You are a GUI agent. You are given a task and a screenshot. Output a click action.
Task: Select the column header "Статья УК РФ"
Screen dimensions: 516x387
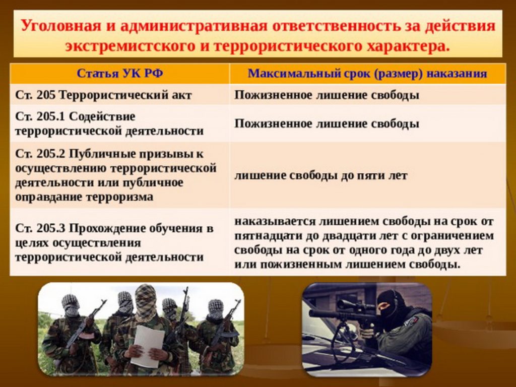(x=120, y=73)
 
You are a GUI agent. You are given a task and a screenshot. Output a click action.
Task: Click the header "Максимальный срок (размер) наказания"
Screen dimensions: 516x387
(x=367, y=73)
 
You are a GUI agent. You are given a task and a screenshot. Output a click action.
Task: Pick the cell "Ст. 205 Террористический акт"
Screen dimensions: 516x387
(x=103, y=95)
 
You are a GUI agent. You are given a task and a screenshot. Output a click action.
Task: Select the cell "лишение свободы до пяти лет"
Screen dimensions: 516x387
(x=321, y=175)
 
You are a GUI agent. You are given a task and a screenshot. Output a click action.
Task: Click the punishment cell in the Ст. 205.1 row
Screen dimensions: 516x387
(x=327, y=124)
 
